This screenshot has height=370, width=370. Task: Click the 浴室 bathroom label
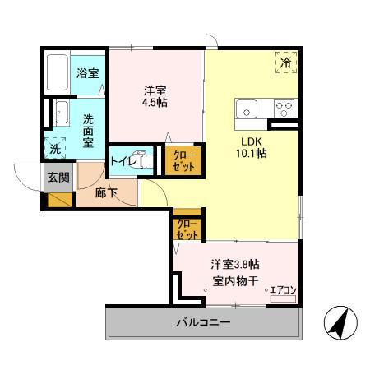88,72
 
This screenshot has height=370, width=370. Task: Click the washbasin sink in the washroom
62,112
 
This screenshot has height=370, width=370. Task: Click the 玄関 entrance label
58,177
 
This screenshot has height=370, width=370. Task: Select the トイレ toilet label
123,160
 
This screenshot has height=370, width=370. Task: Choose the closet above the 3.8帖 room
187,229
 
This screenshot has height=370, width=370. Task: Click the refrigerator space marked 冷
286,61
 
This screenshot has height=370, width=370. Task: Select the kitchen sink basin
247,109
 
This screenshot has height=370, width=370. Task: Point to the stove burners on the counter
284,109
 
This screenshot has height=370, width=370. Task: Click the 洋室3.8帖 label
235,265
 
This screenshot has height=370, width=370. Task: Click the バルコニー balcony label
203,322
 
